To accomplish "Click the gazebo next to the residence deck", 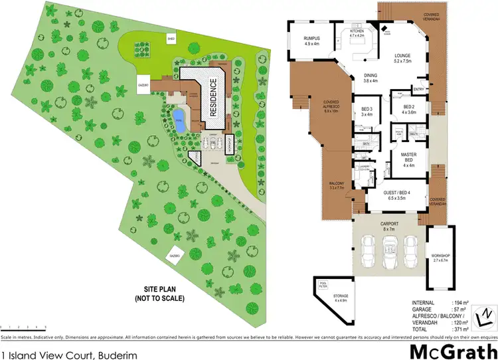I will point(142,87).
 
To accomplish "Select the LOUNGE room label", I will point(402,59).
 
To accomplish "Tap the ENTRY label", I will point(419,89).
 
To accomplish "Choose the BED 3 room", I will point(367,111).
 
